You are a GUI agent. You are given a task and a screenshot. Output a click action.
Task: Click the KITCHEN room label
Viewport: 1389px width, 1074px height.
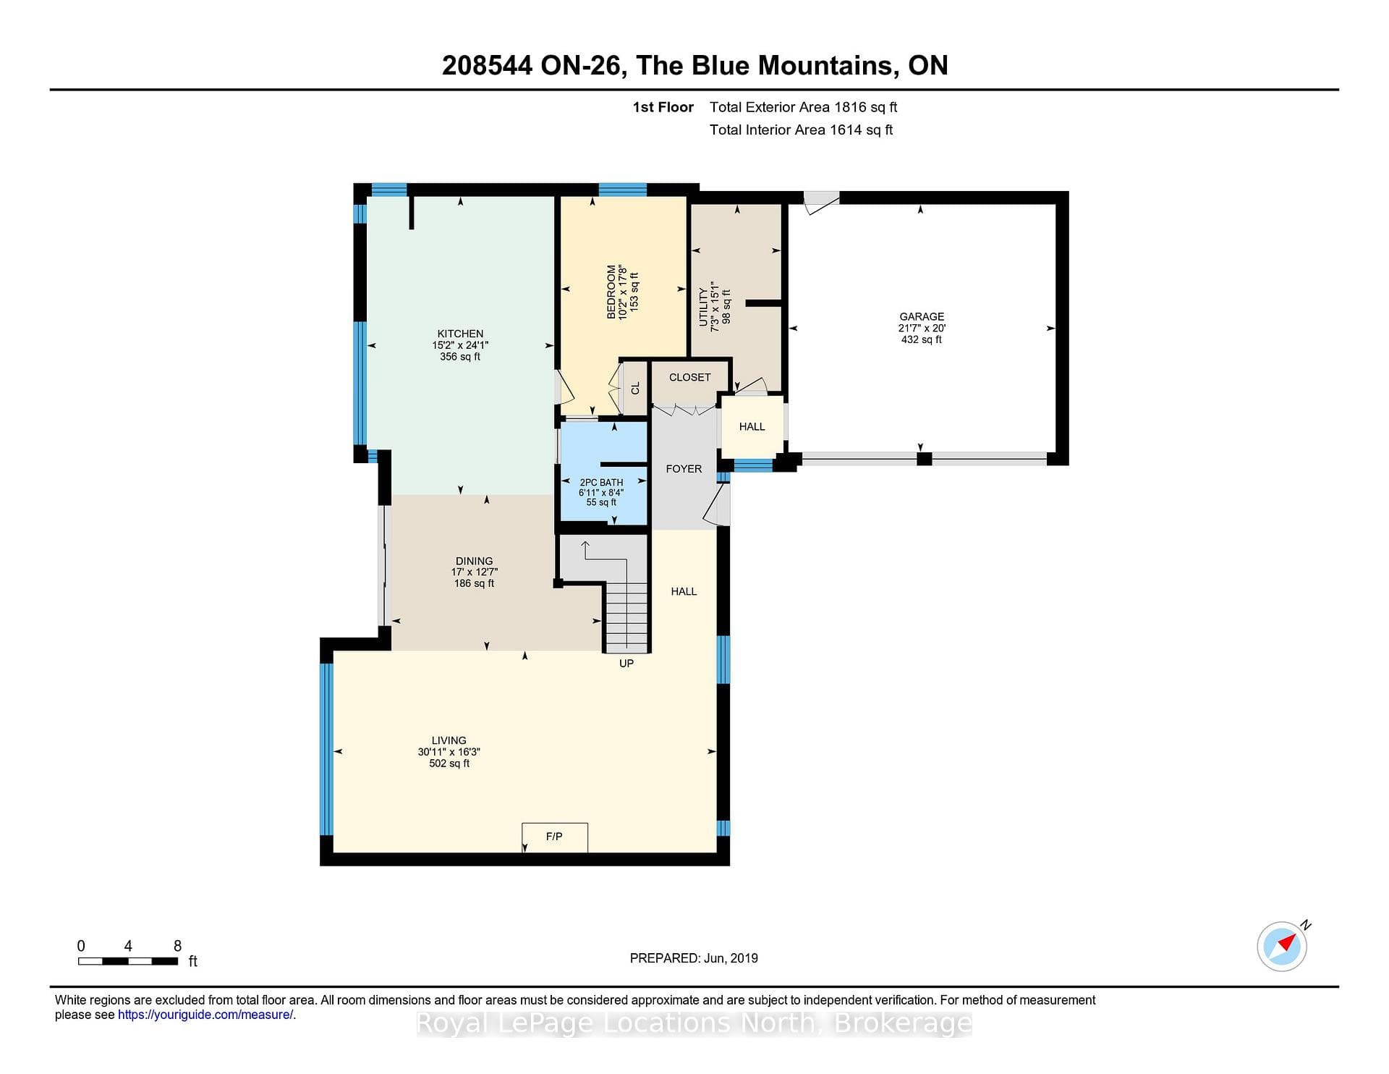[x=460, y=334]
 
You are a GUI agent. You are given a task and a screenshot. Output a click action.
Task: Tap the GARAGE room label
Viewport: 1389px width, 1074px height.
[x=922, y=316]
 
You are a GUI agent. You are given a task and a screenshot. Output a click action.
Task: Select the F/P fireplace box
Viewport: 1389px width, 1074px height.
[x=555, y=837]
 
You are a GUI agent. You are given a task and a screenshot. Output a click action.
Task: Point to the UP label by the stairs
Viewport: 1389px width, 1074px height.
[x=626, y=663]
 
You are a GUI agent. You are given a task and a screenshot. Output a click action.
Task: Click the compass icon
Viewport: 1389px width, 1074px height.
[x=1283, y=946]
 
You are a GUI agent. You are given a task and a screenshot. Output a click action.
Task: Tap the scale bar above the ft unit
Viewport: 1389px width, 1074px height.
[x=128, y=961]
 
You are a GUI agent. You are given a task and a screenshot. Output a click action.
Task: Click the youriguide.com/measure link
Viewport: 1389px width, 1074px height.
[x=205, y=1015]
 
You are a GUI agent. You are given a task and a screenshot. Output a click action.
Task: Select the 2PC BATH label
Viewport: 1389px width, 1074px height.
[x=601, y=482]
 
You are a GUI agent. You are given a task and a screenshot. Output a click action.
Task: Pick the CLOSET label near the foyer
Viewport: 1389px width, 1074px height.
[x=689, y=377]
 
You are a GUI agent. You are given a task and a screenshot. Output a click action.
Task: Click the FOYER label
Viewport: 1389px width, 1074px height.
[x=684, y=469]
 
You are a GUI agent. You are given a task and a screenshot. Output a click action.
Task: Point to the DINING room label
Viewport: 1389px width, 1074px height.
[x=474, y=561]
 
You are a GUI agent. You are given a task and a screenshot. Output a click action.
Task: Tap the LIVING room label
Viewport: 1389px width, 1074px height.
[x=449, y=740]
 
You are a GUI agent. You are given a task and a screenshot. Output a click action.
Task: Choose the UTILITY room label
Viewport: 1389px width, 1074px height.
[x=703, y=307]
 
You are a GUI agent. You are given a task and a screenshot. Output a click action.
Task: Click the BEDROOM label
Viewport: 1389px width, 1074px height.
[x=611, y=292]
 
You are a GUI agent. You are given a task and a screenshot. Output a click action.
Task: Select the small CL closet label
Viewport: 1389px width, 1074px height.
[x=636, y=389]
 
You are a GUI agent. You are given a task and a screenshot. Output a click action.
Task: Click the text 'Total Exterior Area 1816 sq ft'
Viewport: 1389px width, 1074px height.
[x=803, y=107]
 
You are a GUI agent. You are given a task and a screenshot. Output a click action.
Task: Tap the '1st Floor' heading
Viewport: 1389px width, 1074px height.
[x=663, y=107]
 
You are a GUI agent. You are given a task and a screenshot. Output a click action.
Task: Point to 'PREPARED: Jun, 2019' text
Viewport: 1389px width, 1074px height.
[x=694, y=958]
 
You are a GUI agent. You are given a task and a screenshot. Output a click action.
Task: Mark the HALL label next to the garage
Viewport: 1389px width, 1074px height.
[x=752, y=427]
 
